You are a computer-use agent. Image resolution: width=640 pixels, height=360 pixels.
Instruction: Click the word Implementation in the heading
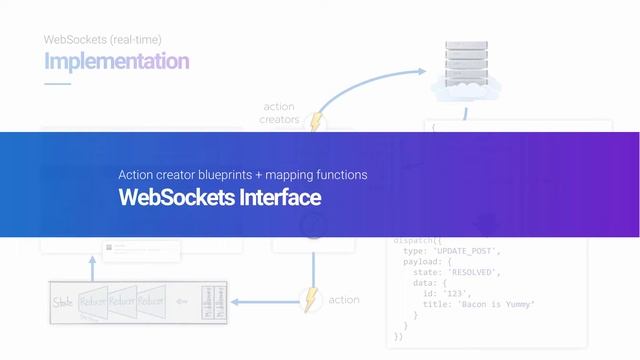(x=116, y=62)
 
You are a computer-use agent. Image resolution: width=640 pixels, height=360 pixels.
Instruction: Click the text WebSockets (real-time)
(x=102, y=40)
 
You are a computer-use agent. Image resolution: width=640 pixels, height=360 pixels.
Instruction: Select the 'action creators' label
(x=279, y=113)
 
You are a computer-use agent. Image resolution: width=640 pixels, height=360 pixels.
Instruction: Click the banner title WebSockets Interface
(x=220, y=198)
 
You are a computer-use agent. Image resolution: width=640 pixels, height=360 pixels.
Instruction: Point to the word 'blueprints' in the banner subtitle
(x=240, y=175)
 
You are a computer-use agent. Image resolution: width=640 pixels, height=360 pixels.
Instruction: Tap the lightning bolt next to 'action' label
(x=312, y=300)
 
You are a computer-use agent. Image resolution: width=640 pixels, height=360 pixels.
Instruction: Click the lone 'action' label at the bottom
(x=344, y=300)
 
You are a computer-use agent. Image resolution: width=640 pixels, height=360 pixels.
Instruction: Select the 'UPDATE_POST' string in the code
(x=466, y=250)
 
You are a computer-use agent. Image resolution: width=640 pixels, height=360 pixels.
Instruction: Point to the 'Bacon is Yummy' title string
(x=493, y=304)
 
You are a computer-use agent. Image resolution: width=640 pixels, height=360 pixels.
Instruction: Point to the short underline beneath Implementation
(x=57, y=84)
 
